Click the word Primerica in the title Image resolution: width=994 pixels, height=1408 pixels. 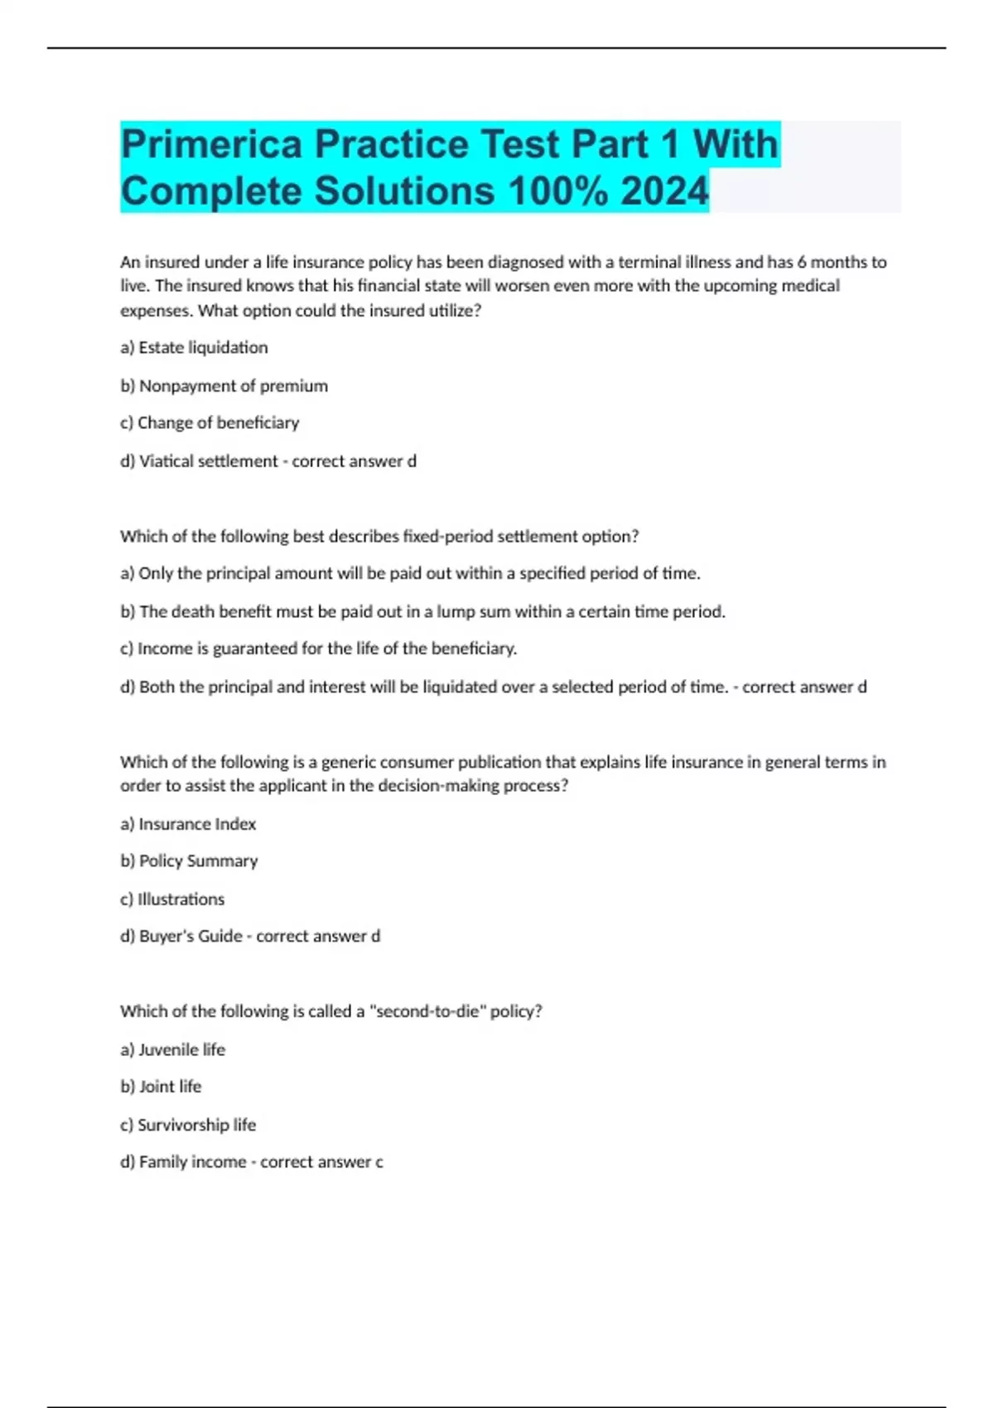point(212,144)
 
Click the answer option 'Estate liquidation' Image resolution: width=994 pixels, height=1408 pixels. point(203,348)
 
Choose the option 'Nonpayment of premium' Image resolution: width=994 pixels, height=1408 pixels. point(233,386)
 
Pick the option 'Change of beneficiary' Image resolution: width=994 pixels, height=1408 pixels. point(218,423)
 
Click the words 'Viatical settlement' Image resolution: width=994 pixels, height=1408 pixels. point(208,461)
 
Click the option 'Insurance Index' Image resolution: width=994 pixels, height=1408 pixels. point(197,824)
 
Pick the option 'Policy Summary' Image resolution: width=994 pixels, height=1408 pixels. point(198,861)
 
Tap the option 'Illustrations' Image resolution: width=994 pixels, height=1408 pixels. point(181,899)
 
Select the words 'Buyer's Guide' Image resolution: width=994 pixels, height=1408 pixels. point(191,937)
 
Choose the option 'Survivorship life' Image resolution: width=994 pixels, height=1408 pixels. point(196,1125)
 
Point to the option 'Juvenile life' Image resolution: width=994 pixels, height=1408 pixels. point(181,1049)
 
